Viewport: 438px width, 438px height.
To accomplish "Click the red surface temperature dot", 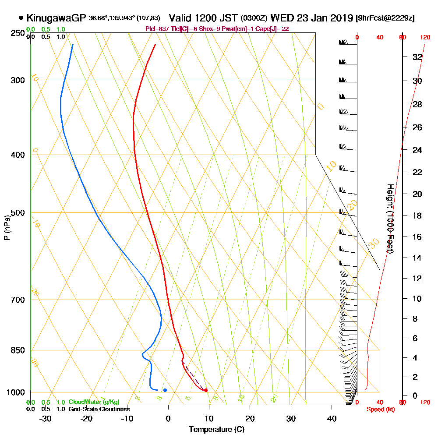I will (x=206, y=390).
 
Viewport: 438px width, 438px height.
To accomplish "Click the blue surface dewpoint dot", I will (x=165, y=390).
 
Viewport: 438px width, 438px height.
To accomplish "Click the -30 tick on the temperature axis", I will (x=46, y=418).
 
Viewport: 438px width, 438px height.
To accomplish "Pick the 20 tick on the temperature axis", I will (x=250, y=418).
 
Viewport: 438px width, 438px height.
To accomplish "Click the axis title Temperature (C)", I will (x=216, y=429).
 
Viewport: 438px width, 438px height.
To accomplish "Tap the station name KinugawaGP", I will (x=57, y=18).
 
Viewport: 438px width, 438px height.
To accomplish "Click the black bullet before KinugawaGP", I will (x=21, y=18).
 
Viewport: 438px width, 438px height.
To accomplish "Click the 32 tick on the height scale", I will (x=417, y=57).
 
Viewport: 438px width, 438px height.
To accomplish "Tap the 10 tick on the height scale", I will (x=417, y=299).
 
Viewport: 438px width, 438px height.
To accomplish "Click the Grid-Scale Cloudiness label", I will (x=99, y=409).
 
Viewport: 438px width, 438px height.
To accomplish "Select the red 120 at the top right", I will (x=425, y=38).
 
